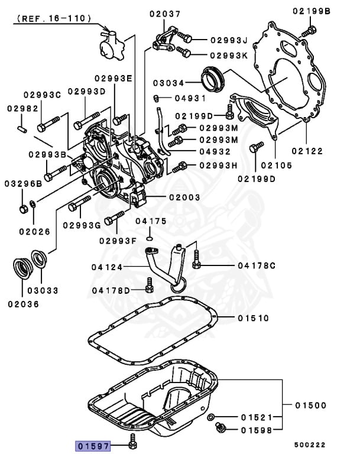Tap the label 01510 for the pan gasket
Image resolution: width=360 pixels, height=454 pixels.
click(x=254, y=318)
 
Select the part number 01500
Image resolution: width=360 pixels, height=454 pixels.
click(x=310, y=406)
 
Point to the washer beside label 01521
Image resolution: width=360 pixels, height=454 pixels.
click(x=211, y=418)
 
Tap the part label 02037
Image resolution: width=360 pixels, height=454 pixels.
click(x=165, y=14)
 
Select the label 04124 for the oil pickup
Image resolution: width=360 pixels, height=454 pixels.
click(x=107, y=267)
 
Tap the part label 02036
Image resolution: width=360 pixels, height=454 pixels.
click(x=23, y=304)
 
